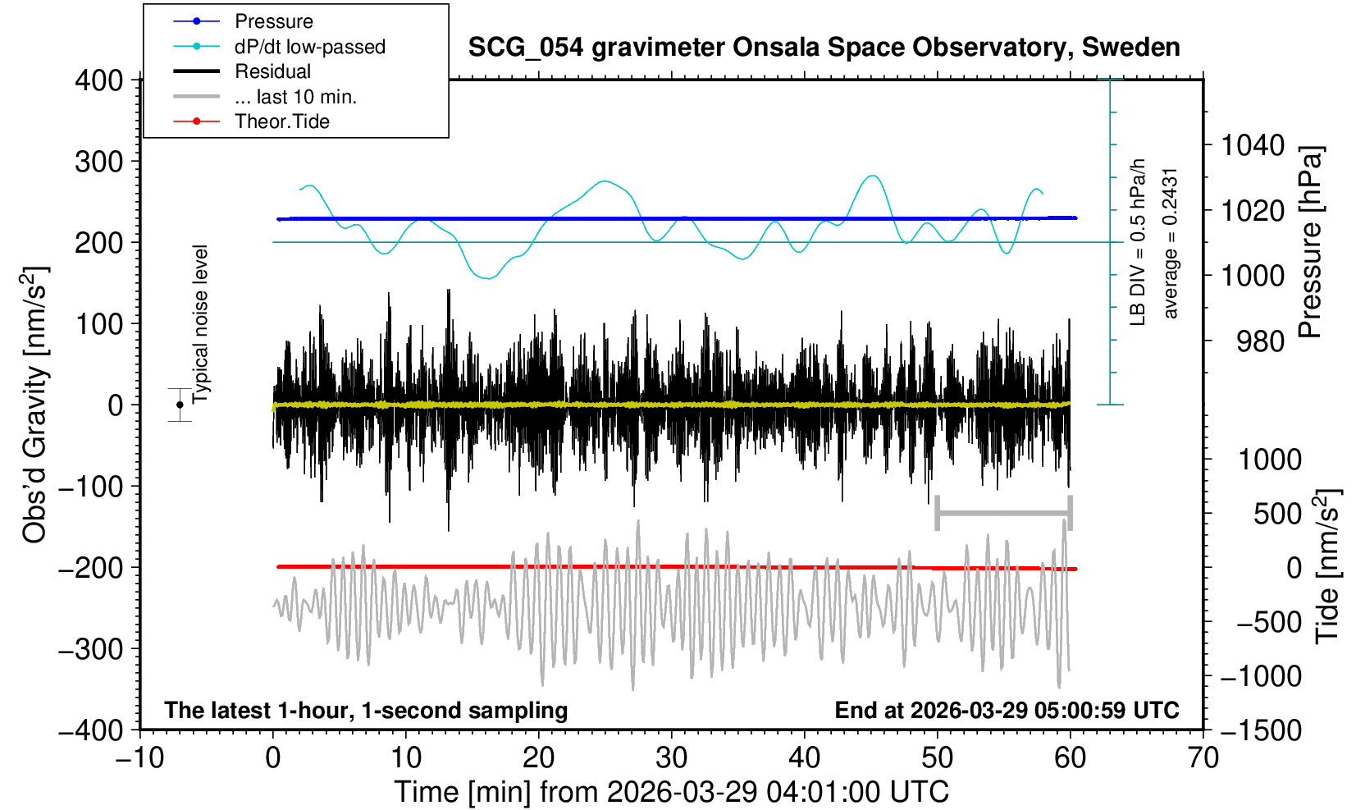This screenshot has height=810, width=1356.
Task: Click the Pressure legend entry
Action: [x=273, y=21]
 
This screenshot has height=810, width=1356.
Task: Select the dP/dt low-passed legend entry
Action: [x=309, y=47]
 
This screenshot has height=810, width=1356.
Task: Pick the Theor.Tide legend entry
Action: [x=281, y=121]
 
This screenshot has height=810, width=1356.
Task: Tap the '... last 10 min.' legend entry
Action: [x=295, y=97]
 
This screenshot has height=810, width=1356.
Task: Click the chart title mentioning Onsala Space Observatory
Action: [x=824, y=48]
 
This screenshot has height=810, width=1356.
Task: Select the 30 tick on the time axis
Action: [x=671, y=757]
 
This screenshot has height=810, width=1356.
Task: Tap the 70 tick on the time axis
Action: [x=1203, y=757]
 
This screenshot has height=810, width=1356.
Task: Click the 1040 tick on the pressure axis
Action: [x=1253, y=146]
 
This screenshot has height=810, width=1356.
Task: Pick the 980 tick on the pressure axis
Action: [x=1260, y=341]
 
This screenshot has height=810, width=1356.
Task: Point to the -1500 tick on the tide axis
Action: [x=1261, y=730]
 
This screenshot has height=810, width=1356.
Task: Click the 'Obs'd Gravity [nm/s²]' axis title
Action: [x=35, y=405]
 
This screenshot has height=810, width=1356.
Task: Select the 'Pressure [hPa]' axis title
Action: [x=1310, y=242]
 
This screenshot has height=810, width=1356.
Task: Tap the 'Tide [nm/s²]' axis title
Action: [x=1328, y=566]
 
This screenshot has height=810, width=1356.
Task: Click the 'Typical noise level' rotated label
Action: [x=201, y=324]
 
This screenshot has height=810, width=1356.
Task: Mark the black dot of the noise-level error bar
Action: [x=180, y=405]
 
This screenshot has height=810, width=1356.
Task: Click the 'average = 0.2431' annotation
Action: [x=1171, y=243]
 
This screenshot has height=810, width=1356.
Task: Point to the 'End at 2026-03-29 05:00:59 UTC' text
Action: [x=1007, y=710]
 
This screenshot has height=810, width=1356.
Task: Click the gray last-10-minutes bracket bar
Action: [x=1003, y=514]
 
